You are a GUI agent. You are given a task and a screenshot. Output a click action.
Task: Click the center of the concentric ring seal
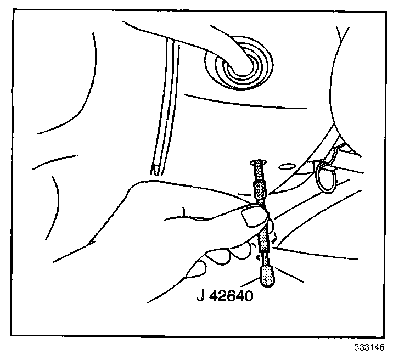coord(239,64)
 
